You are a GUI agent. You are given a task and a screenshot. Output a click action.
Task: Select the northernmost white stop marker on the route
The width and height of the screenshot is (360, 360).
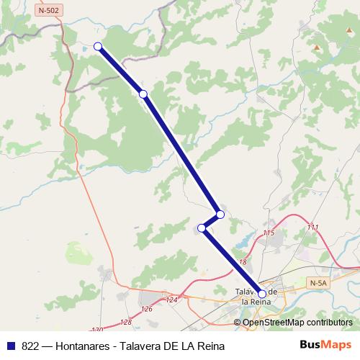[98, 47]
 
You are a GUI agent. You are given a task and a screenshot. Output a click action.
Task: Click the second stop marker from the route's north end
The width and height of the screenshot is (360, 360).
[143, 94]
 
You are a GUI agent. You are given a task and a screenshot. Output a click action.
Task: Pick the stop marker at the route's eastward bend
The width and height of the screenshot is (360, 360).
[220, 215]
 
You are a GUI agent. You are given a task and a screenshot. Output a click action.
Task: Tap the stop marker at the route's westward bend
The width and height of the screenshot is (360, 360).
[202, 229]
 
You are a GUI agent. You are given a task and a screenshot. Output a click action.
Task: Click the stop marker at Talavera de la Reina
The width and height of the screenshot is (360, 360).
[262, 294]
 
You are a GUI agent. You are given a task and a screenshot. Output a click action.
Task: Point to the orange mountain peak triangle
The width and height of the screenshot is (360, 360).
[317, 48]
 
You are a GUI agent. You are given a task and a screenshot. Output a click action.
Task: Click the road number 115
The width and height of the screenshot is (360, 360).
[269, 234]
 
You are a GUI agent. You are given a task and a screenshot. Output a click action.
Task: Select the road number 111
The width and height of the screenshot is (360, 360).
[312, 228]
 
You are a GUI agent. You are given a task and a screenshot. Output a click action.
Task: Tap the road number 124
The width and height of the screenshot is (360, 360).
[171, 300]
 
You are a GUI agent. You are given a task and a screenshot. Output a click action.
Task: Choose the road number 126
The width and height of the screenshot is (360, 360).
[148, 309]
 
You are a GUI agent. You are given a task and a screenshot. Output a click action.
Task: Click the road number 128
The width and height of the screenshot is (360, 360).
[126, 322]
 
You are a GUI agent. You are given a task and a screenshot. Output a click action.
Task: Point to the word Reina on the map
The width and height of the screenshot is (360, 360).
[257, 302]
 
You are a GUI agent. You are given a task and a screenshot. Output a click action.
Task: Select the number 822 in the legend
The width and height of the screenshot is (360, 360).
[31, 346]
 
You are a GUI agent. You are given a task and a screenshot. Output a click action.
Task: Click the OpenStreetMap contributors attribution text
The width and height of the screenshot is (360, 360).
[297, 322]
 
